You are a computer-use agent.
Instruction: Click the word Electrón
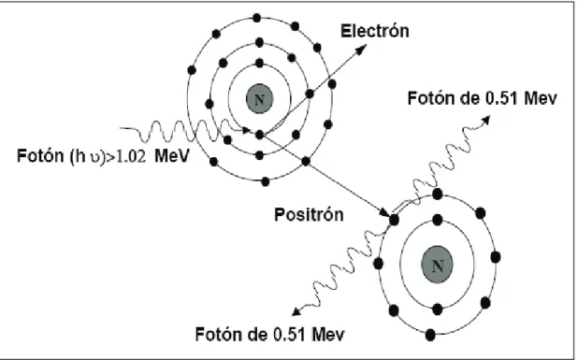(x=374, y=31)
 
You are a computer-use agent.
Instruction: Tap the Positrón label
(x=309, y=214)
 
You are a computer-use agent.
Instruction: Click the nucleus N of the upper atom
(x=259, y=99)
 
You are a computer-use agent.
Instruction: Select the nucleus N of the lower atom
(x=437, y=265)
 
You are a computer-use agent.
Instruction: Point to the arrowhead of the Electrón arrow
(x=362, y=49)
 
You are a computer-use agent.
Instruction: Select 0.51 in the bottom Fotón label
(x=290, y=335)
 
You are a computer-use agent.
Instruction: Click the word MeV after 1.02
(x=171, y=156)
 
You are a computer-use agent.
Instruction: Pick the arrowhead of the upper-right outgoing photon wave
(x=486, y=119)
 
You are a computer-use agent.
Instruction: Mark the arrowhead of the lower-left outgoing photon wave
(x=296, y=311)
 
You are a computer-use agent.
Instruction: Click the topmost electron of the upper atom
(x=257, y=18)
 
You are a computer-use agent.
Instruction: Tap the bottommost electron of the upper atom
(x=266, y=181)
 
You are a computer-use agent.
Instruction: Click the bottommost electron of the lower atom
(x=430, y=335)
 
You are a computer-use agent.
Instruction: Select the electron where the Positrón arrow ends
(x=394, y=221)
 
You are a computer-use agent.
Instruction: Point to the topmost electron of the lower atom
(x=438, y=194)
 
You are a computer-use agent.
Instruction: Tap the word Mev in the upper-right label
(x=541, y=99)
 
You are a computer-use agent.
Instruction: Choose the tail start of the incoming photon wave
(x=121, y=128)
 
